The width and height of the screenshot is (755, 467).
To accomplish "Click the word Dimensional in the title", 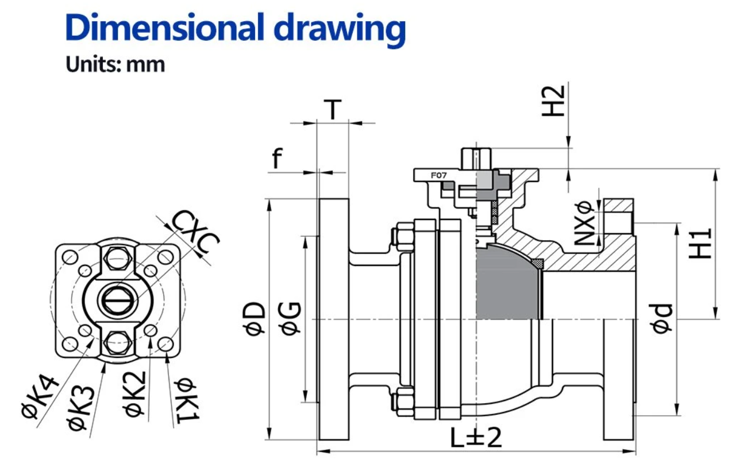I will pos(163,28).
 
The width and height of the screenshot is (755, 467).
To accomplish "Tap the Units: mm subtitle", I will pos(115,64).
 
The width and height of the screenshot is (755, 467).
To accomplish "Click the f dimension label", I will pos(278,159).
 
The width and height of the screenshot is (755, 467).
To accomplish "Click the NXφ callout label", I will pos(584,223).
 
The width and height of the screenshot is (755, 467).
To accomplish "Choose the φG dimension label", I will pos(291,318).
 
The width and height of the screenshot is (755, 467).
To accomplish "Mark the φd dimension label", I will pos(662,318).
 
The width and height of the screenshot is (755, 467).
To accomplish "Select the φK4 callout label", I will pos(39,402).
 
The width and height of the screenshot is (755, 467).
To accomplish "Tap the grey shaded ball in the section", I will pos(509,284).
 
